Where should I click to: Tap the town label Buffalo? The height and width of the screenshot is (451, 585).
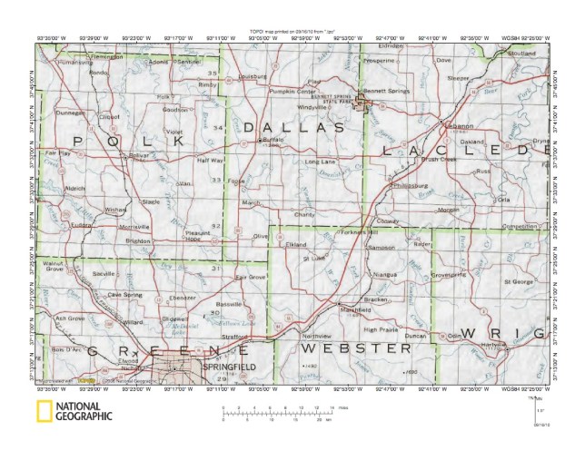click(273, 140)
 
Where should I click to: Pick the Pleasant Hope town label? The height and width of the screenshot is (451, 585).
click(198, 236)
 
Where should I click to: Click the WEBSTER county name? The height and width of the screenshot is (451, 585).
click(357, 348)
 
